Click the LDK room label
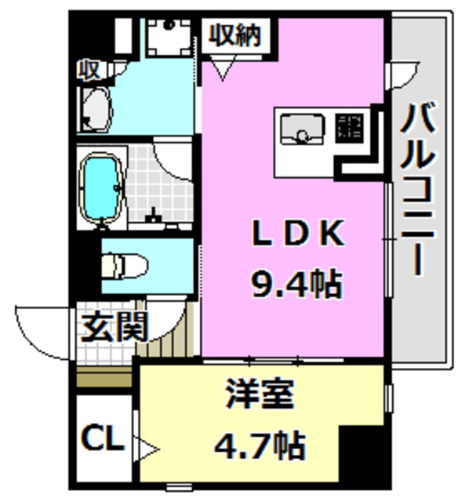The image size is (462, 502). coord(296,234)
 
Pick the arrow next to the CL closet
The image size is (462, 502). coord(148,449)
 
